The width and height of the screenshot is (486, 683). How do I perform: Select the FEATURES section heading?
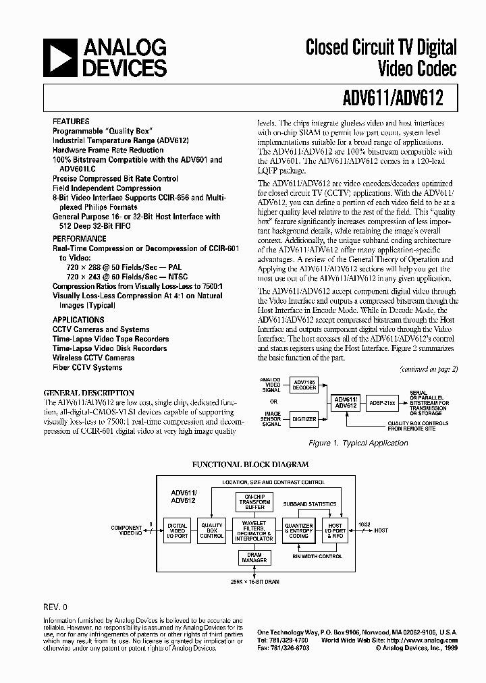(72, 121)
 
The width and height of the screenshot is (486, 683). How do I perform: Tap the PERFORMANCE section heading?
(80, 238)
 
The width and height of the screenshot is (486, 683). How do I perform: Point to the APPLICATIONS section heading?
(78, 320)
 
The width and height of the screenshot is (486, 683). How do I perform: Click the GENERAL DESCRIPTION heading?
(88, 392)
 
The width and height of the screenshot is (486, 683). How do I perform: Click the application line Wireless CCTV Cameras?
(94, 358)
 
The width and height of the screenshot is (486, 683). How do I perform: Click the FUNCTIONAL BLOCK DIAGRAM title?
(250, 464)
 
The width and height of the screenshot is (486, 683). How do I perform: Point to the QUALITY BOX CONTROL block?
(211, 530)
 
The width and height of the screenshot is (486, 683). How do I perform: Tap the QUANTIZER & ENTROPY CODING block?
(298, 530)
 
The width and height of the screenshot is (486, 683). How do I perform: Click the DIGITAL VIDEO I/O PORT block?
(178, 530)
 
